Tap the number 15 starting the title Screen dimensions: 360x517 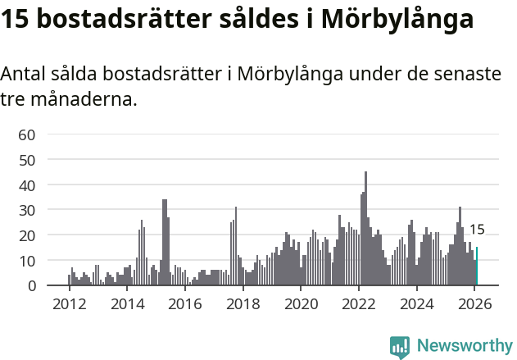pyautogui.click(x=16, y=19)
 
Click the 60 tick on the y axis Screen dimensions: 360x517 pyautogui.click(x=27, y=134)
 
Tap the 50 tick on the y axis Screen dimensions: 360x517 pyautogui.click(x=27, y=160)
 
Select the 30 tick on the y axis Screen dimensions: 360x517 pyautogui.click(x=27, y=210)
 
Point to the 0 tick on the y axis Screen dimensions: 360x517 pyautogui.click(x=31, y=285)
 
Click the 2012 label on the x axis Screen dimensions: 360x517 pyautogui.click(x=69, y=304)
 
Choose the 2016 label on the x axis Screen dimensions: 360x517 pyautogui.click(x=185, y=304)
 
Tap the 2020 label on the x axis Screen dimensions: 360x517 pyautogui.click(x=301, y=304)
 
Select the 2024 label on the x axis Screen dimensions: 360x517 pyautogui.click(x=417, y=304)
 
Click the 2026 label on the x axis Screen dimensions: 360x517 pyautogui.click(x=474, y=304)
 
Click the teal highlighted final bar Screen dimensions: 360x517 pyautogui.click(x=477, y=267)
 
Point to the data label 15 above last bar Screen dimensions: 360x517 pyautogui.click(x=477, y=230)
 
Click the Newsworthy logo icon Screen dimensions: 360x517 pyautogui.click(x=400, y=346)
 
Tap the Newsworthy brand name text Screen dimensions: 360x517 pyautogui.click(x=464, y=346)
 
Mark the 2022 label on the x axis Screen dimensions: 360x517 pyautogui.click(x=359, y=304)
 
